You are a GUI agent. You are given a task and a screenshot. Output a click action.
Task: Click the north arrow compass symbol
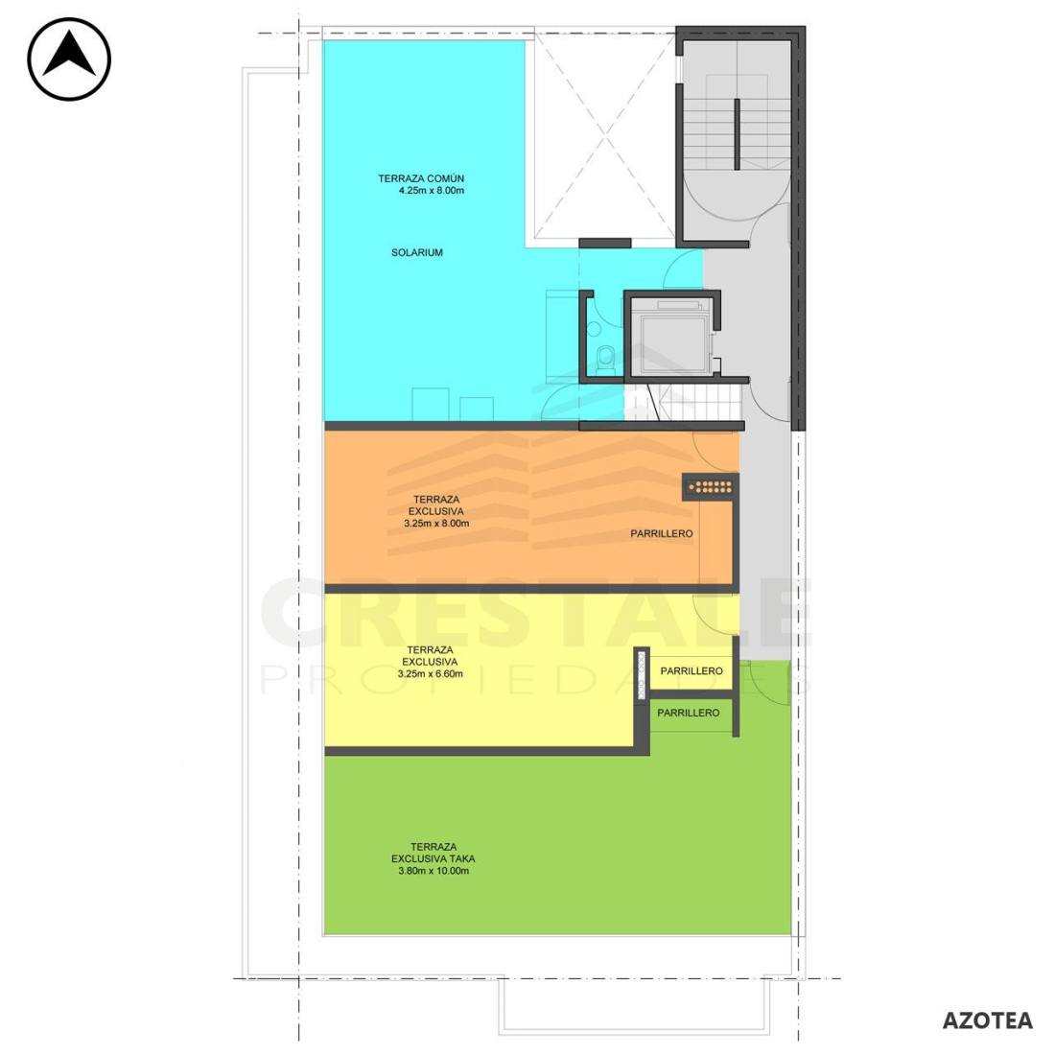pyautogui.click(x=69, y=59)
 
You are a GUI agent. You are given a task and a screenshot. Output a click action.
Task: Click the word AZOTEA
pyautogui.click(x=987, y=1020)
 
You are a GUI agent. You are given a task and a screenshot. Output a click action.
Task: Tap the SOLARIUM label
pyautogui.click(x=417, y=253)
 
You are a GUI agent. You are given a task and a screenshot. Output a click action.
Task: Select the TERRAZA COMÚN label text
pyautogui.click(x=421, y=178)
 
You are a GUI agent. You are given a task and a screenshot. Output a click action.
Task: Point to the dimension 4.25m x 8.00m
pyautogui.click(x=432, y=191)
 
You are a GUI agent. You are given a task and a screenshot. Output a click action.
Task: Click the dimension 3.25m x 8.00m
pyautogui.click(x=436, y=523)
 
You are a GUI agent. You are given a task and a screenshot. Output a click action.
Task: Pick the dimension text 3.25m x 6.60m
pyautogui.click(x=431, y=673)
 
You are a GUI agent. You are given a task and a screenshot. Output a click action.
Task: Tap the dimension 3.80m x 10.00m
pyautogui.click(x=434, y=871)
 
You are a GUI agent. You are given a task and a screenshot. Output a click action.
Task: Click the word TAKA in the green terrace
pyautogui.click(x=462, y=858)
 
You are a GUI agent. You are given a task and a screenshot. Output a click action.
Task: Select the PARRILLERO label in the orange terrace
pyautogui.click(x=662, y=533)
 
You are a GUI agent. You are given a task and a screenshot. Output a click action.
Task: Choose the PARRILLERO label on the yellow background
pyautogui.click(x=692, y=670)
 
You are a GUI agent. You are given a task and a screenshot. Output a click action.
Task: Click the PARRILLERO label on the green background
pyautogui.click(x=689, y=713)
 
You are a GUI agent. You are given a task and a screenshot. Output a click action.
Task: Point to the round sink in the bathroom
pyautogui.click(x=594, y=328)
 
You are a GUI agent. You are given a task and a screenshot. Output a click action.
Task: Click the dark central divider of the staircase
pyautogui.click(x=737, y=134)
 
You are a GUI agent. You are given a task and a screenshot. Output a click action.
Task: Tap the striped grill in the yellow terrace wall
pyautogui.click(x=643, y=673)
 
